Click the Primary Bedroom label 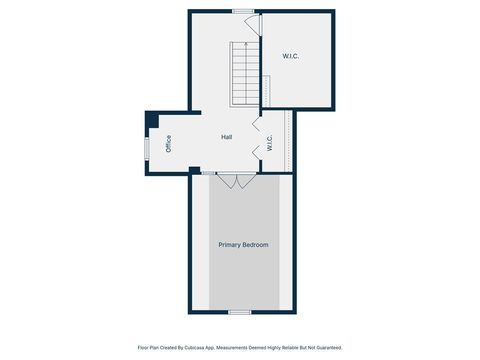243,244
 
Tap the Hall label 228,137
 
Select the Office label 168,143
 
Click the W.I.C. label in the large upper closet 291,56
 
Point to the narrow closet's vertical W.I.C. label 270,143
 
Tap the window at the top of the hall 242,10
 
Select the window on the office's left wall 147,147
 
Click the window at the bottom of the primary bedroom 239,312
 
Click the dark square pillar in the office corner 151,120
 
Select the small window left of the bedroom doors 208,173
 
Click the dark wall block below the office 194,170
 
